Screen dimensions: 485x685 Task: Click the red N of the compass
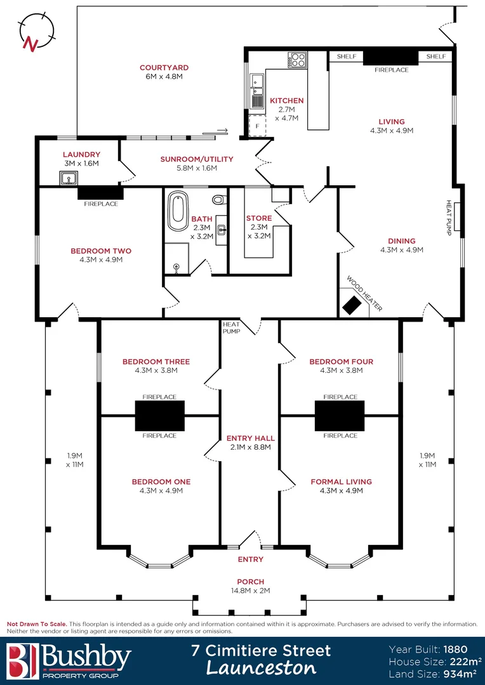point(30,43)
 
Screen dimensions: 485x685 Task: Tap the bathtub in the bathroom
point(177,211)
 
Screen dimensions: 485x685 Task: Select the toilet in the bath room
point(219,199)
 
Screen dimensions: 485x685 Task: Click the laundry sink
point(69,178)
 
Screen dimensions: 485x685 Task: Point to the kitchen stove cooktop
point(297,60)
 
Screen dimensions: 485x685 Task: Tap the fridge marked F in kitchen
point(257,126)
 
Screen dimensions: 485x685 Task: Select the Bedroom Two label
point(101,251)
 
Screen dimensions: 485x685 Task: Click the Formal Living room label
point(341,482)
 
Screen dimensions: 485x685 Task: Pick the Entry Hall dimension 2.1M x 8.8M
point(251,447)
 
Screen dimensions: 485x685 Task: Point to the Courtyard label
point(164,68)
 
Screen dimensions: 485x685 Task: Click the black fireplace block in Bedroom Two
point(100,193)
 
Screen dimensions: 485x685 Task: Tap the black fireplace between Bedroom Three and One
point(159,415)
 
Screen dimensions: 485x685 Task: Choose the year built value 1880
point(456,649)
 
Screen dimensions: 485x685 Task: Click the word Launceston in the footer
point(261,668)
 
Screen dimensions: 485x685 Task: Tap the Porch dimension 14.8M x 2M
point(251,590)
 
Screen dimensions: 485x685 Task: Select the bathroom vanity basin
point(222,228)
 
